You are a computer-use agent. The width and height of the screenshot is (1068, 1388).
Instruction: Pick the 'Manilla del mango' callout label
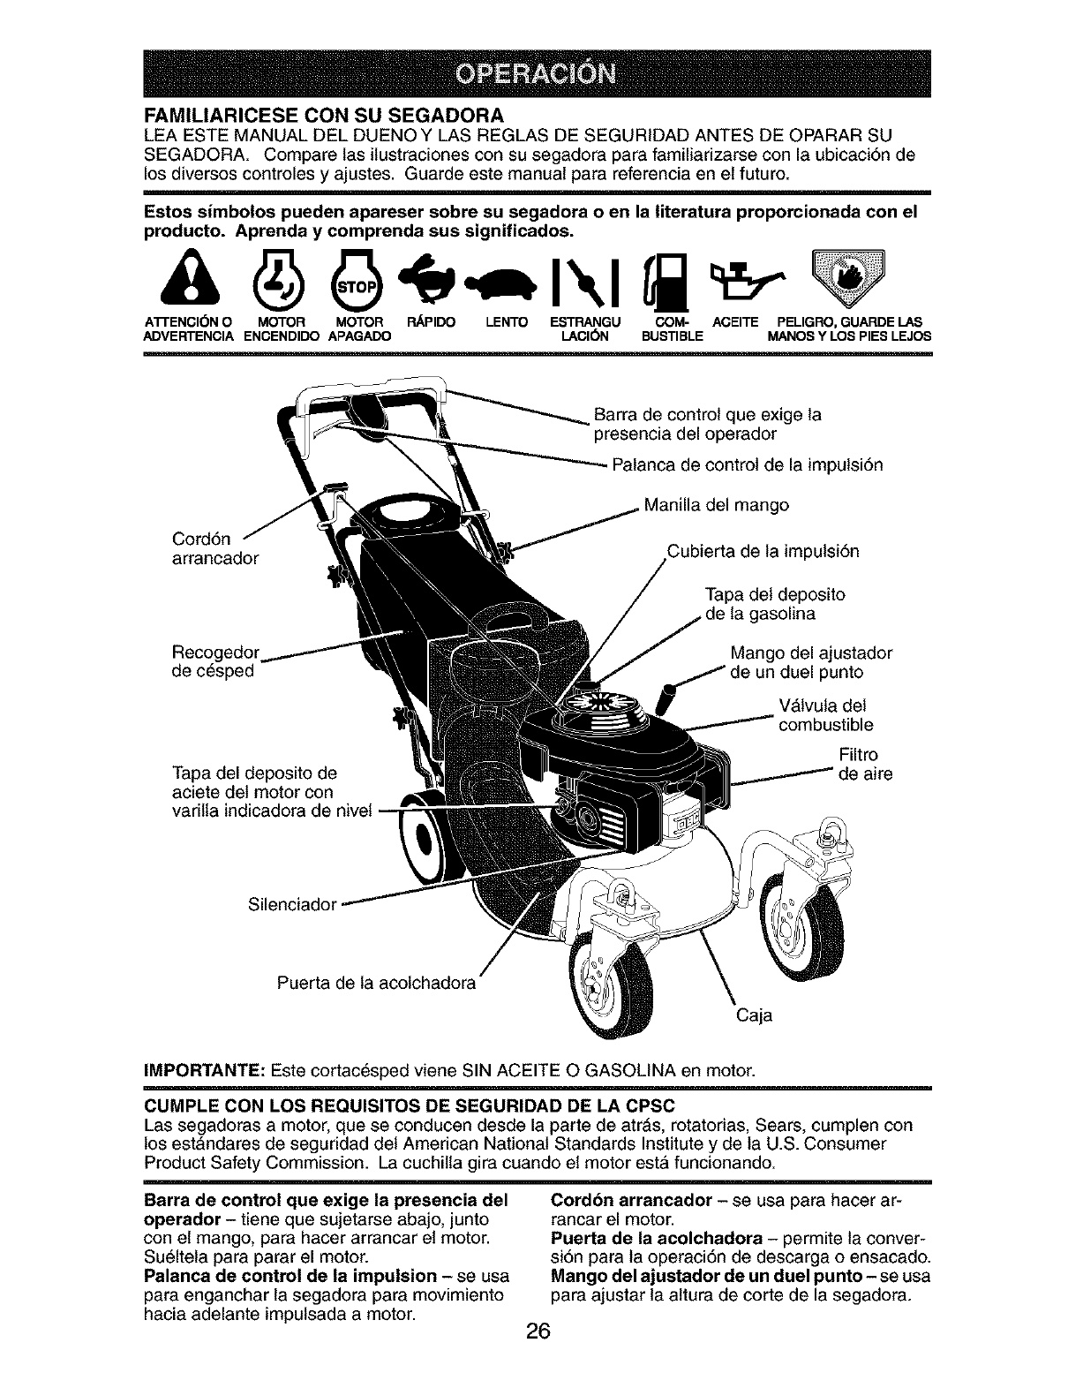pyautogui.click(x=716, y=506)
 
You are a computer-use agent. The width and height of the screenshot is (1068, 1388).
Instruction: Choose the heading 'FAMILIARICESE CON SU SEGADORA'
pyautogui.click(x=323, y=116)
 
